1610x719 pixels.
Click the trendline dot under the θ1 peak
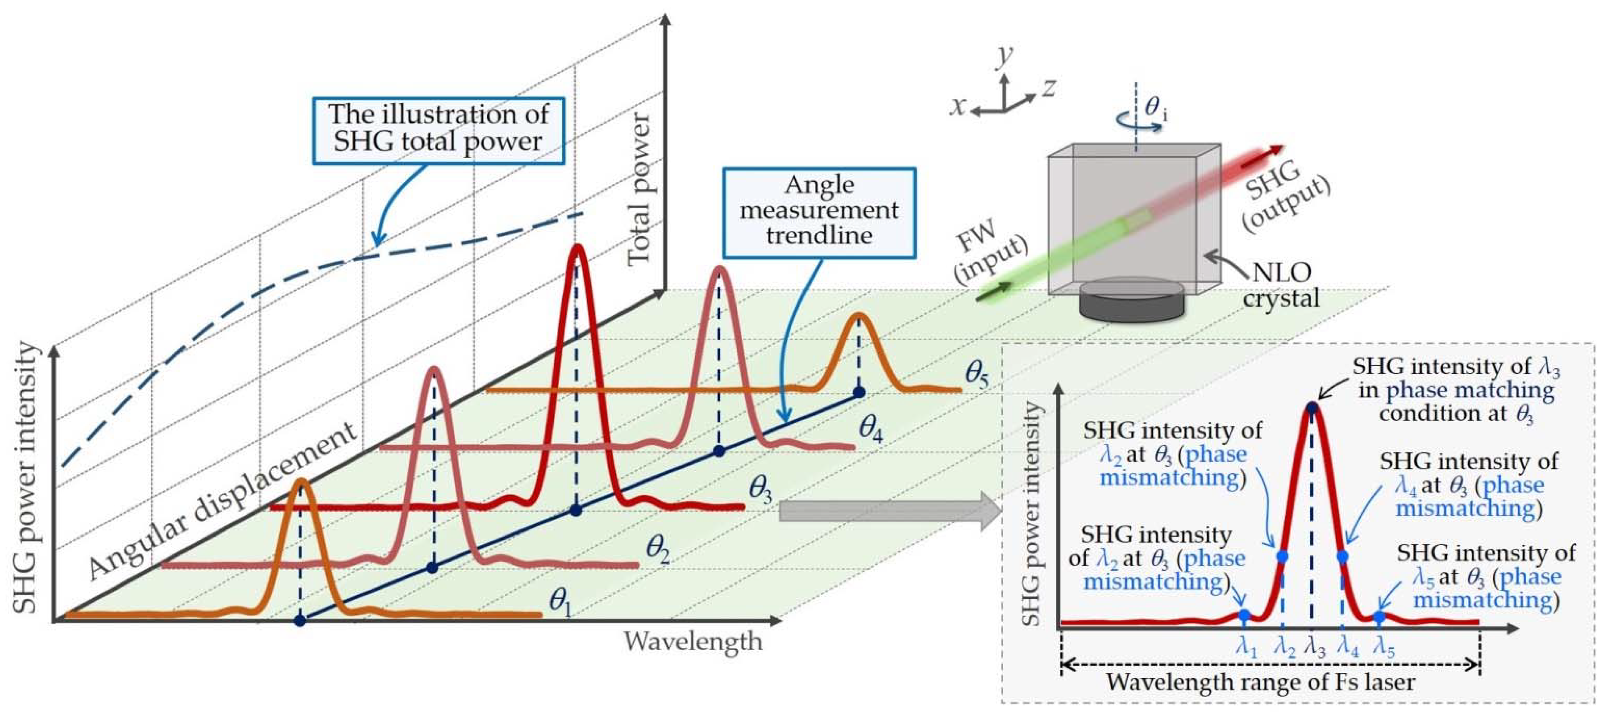click(300, 621)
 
